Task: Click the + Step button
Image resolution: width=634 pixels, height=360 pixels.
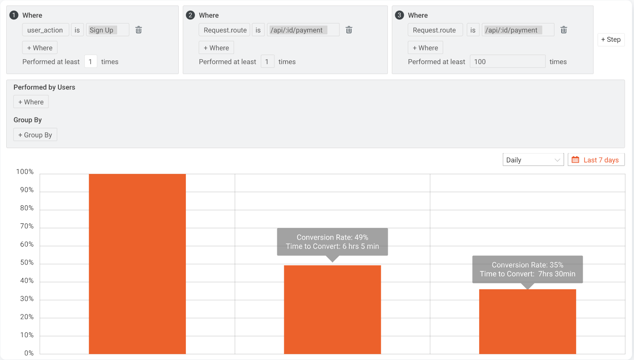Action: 611,40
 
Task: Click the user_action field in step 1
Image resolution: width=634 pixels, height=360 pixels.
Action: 45,30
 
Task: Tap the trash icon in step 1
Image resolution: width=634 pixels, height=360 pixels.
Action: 139,30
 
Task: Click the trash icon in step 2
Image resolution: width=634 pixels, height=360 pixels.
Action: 349,30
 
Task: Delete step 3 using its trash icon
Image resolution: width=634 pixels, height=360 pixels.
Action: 564,30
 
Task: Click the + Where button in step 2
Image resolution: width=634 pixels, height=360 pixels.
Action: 216,48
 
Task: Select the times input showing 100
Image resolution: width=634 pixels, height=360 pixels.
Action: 507,62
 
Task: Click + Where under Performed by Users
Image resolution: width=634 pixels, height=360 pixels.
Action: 31,102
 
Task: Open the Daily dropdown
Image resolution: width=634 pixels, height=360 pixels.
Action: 533,160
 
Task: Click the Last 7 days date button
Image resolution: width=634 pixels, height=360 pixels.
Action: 596,160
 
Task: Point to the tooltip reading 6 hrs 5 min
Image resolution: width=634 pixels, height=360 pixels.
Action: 332,242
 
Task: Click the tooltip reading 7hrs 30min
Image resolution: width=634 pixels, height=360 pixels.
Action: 527,269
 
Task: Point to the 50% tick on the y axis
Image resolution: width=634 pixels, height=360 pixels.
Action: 27,263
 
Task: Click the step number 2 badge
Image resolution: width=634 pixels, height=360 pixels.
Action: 190,15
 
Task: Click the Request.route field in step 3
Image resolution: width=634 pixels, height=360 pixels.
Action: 435,30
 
